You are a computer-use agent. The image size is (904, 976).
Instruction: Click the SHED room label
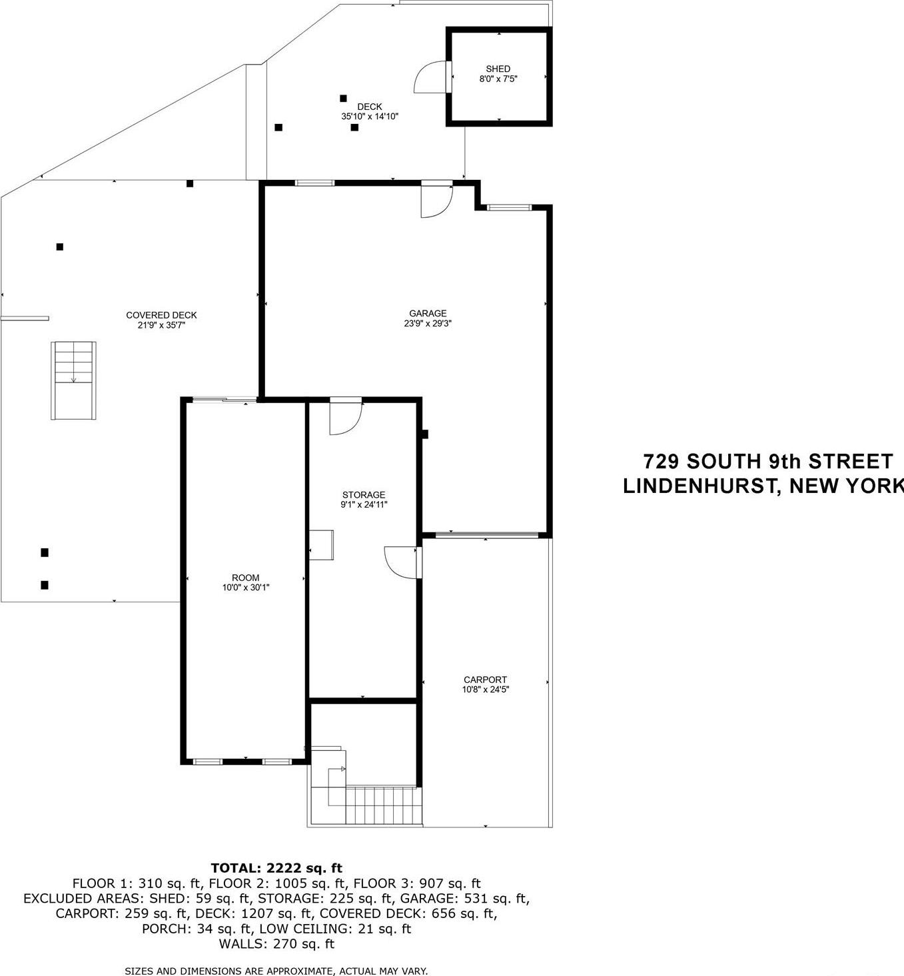point(498,69)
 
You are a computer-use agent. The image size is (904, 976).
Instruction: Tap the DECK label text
point(369,107)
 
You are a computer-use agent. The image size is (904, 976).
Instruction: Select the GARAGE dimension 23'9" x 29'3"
point(427,324)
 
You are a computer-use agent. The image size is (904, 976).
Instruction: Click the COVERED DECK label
point(161,315)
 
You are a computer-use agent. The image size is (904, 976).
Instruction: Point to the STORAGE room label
point(363,494)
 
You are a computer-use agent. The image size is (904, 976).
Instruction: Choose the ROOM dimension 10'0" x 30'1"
point(245,588)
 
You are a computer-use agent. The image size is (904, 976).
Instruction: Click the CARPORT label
point(485,680)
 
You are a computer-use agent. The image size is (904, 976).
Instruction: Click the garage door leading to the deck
point(436,200)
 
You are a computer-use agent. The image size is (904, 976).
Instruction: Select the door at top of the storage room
point(345,417)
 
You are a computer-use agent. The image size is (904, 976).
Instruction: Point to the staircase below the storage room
point(382,797)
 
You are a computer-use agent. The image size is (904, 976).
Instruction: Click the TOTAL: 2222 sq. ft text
point(276,867)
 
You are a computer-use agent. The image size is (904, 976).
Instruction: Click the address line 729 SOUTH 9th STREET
point(767,461)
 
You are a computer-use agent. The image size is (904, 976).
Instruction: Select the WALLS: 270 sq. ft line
point(276,943)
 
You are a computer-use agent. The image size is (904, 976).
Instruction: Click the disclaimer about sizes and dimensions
point(276,971)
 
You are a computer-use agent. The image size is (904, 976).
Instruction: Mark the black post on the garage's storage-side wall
point(424,434)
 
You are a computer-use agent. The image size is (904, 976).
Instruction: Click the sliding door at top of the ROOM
point(223,400)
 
